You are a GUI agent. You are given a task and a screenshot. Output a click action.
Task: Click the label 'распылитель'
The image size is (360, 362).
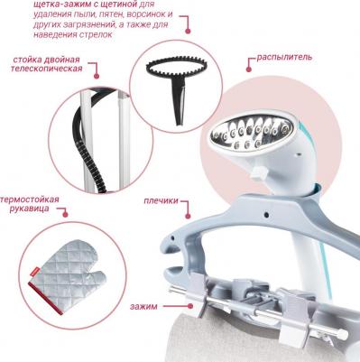284,57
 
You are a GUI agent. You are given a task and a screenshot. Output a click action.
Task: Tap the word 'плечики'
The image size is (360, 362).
161,200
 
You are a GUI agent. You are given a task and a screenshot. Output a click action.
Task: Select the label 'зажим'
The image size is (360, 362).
143,307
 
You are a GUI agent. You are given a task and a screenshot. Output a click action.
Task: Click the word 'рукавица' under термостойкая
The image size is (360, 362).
29,209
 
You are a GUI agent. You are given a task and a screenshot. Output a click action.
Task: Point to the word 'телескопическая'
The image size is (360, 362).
47,69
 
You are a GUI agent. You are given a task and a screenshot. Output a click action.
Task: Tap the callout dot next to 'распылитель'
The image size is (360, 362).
248,70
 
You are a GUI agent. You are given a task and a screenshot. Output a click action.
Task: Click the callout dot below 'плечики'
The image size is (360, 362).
188,216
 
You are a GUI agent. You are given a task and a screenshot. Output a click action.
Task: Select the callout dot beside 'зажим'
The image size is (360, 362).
190,306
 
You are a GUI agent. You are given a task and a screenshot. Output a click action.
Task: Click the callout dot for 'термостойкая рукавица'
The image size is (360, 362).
65,214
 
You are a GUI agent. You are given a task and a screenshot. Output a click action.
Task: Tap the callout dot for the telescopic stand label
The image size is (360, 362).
97,76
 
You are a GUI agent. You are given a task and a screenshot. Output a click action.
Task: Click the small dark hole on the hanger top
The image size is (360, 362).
266,215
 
